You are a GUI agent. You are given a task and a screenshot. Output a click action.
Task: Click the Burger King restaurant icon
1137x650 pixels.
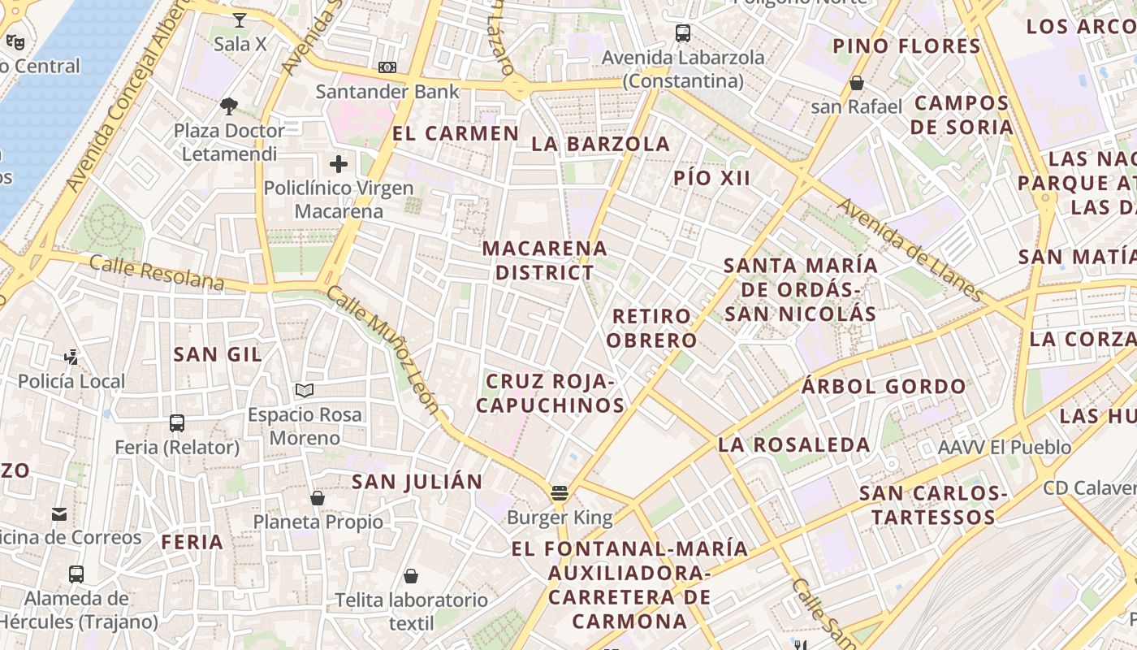point(560,492)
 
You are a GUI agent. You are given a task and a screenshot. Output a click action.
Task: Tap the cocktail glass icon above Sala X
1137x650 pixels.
point(240,20)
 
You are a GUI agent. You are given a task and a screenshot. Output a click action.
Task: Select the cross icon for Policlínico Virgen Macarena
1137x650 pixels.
point(339,164)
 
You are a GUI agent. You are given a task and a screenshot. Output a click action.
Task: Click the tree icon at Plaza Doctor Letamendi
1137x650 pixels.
point(229,106)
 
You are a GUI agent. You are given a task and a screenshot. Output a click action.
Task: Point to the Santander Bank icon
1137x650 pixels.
point(387,67)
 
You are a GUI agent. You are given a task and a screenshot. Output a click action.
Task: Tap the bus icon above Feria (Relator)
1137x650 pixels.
point(177,422)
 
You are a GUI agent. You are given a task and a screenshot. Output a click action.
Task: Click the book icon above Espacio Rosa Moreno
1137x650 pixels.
point(305,391)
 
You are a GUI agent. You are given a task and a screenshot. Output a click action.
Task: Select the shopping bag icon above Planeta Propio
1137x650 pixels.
point(318,497)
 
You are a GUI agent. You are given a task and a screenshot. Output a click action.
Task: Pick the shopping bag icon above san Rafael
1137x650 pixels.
point(856,83)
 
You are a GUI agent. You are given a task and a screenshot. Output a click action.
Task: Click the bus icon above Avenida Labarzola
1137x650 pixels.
point(683,33)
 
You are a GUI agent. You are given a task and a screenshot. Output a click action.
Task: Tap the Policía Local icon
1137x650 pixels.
point(71,357)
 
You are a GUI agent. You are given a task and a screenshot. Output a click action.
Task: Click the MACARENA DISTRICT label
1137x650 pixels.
point(545,260)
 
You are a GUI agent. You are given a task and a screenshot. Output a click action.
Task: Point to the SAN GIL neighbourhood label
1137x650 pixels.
point(218,354)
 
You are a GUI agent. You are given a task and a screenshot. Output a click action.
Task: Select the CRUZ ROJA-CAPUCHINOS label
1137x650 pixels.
point(550,393)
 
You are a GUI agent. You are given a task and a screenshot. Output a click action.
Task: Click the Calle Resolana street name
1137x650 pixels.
point(156,273)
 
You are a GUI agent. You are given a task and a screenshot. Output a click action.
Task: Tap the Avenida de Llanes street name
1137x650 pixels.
point(910,249)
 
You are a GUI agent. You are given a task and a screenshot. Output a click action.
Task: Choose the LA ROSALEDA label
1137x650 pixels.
point(794,444)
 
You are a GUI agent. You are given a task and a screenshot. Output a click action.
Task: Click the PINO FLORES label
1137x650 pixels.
point(907,46)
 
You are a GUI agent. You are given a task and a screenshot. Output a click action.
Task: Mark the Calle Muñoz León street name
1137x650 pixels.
point(383,351)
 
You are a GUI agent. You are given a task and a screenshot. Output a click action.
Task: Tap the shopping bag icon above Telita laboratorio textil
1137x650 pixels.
point(411,576)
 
